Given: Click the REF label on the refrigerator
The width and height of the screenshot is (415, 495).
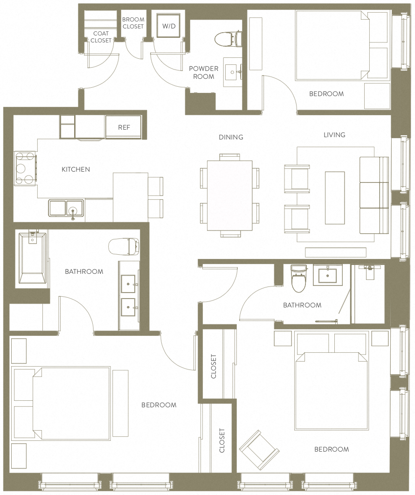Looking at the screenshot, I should [124, 127].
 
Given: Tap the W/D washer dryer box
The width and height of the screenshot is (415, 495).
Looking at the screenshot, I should [169, 26].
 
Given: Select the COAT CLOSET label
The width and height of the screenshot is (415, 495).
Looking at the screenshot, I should [101, 37].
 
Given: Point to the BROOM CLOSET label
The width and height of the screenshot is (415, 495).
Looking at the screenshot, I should [133, 23].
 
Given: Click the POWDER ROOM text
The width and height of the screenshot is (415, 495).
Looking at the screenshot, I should [203, 72].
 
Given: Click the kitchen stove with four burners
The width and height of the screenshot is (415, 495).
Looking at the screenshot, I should [25, 168].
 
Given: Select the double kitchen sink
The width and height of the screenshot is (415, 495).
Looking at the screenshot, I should [66, 208].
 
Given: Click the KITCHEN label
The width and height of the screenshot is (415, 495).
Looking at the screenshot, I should [76, 169].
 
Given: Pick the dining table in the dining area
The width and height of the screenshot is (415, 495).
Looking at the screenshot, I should [229, 195].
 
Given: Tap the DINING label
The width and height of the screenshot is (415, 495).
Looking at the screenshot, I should [231, 137].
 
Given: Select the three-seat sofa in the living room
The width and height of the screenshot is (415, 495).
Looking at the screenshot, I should [373, 195].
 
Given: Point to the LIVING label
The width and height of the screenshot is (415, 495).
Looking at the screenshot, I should [334, 135].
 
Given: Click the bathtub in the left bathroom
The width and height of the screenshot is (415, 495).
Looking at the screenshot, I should [32, 258].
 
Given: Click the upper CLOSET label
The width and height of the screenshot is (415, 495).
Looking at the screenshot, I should [214, 366].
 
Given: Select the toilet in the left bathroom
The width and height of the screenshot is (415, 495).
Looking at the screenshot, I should [124, 246].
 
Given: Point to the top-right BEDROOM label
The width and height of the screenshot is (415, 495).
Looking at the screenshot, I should [326, 94].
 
